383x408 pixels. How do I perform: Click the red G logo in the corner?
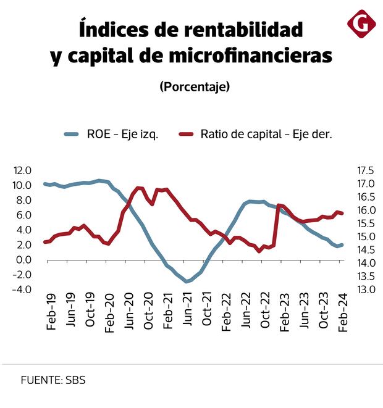(361, 24)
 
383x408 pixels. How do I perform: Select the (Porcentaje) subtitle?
(195, 86)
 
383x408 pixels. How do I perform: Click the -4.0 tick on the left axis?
(22, 289)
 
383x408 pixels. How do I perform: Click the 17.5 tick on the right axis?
(365, 170)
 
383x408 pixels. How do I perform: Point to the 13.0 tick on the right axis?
(365, 289)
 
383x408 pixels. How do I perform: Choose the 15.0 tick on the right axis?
(365, 237)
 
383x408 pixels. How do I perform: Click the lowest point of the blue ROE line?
(186, 281)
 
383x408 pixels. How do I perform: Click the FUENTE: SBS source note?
(53, 380)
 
